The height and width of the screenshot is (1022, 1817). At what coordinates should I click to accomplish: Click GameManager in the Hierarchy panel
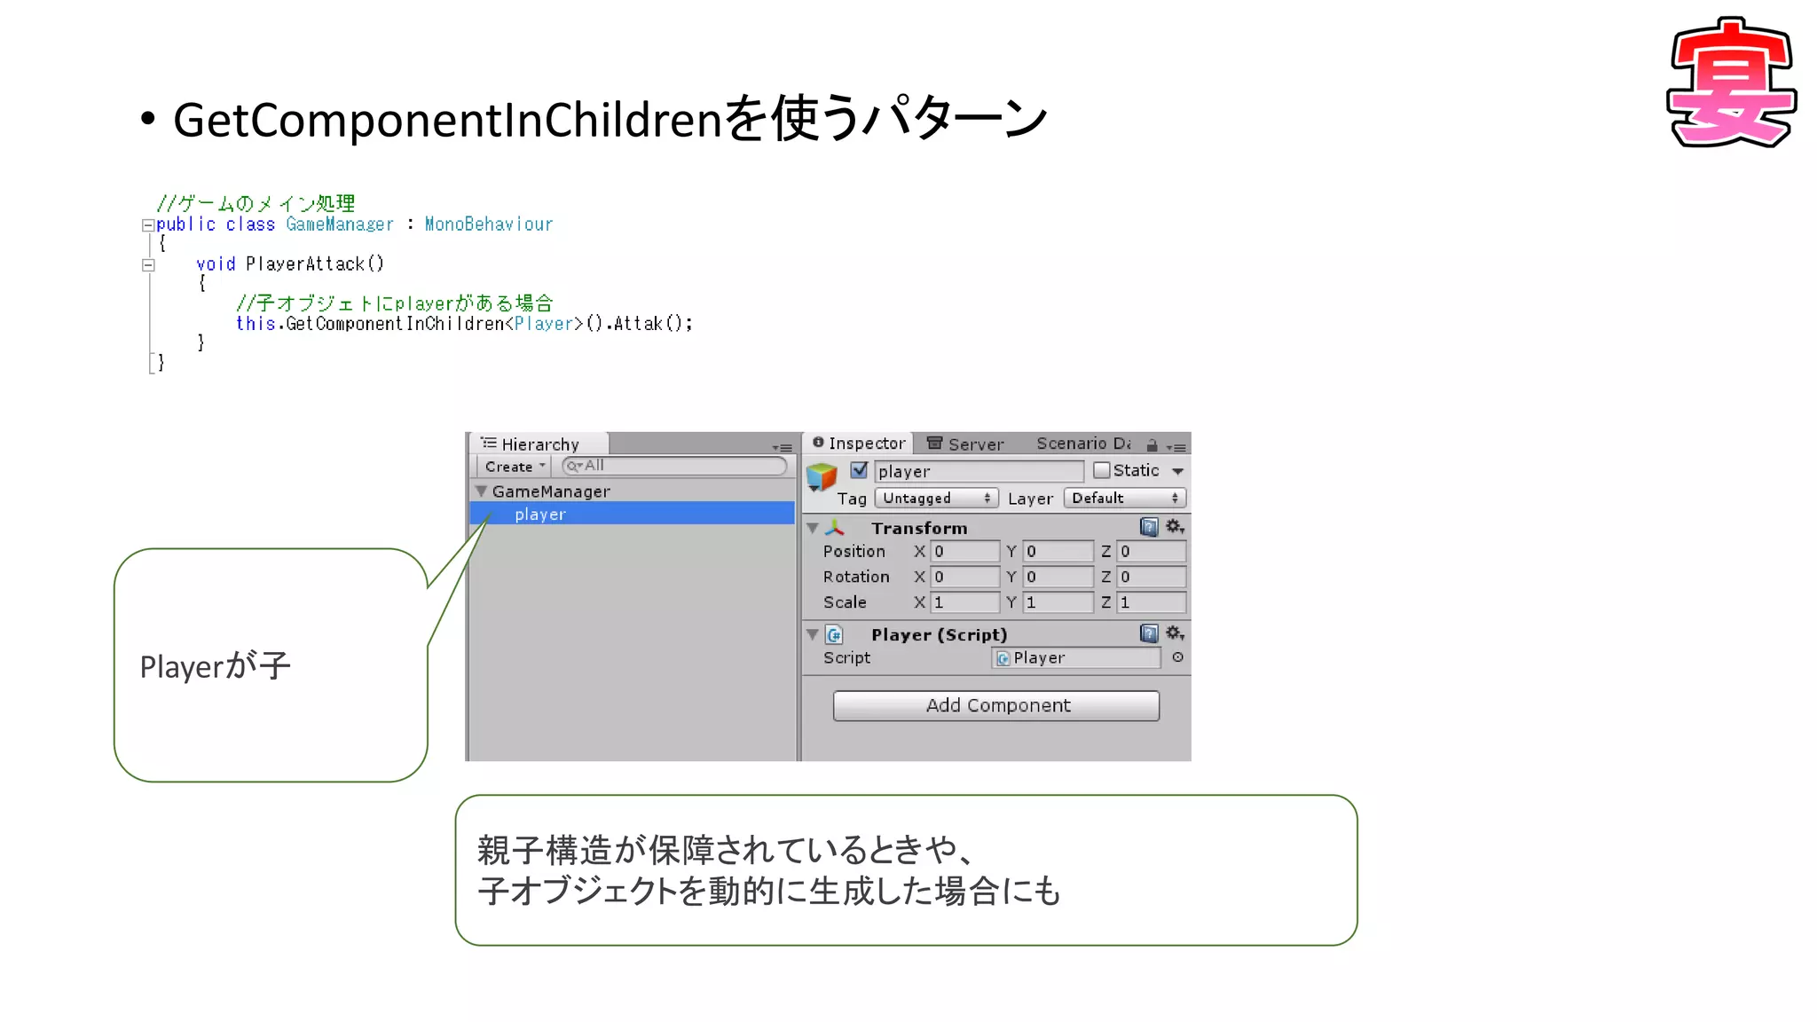point(551,491)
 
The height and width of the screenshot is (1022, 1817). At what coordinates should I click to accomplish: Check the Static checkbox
point(1101,470)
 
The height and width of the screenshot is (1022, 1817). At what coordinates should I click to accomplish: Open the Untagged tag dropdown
point(936,499)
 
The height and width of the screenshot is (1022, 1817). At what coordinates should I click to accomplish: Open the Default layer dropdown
point(1124,499)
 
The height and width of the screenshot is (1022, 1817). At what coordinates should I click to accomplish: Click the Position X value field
point(964,552)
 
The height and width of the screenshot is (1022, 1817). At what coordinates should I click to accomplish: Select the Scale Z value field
point(1151,602)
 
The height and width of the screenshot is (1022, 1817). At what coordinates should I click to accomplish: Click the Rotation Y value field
point(1058,577)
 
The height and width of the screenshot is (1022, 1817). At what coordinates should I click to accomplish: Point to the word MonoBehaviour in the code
point(488,224)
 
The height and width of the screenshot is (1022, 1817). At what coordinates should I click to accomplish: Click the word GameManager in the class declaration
point(340,224)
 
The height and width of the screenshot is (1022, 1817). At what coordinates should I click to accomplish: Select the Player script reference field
point(1075,658)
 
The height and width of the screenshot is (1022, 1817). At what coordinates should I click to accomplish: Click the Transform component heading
point(919,528)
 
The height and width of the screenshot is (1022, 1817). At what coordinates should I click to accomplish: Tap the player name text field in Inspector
point(979,471)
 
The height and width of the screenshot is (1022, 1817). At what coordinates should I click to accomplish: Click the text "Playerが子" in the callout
point(216,666)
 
